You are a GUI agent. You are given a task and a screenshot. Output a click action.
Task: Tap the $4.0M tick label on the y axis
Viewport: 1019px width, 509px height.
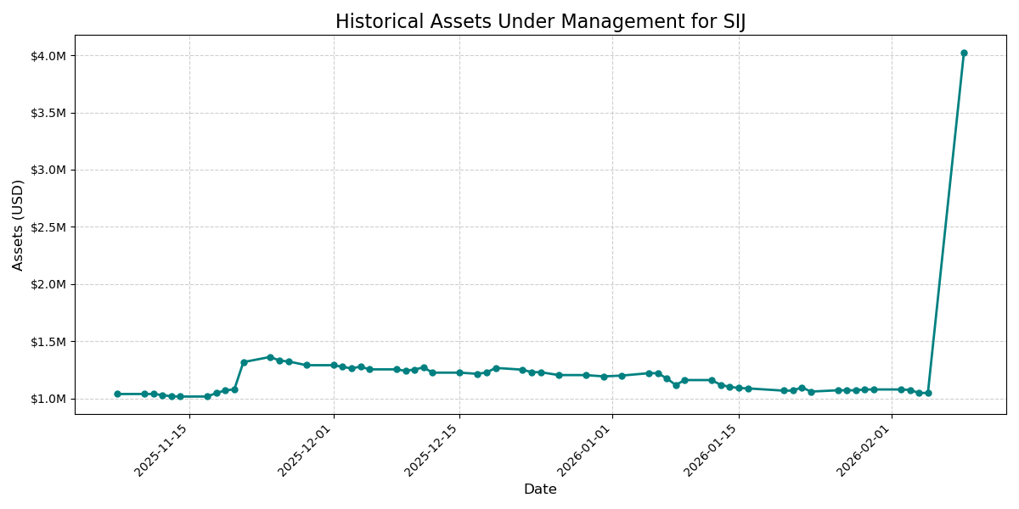tap(48, 56)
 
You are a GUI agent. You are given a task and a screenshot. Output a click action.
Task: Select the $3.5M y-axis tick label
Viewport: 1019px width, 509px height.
tap(48, 113)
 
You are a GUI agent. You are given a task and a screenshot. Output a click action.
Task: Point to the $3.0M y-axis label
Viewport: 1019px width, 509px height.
tap(48, 170)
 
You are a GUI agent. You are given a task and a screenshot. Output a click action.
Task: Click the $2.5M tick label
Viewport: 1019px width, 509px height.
tap(48, 227)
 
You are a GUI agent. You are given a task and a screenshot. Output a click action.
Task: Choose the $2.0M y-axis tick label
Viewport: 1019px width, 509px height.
tap(48, 284)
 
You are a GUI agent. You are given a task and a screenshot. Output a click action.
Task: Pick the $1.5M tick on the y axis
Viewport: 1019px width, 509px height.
tap(48, 342)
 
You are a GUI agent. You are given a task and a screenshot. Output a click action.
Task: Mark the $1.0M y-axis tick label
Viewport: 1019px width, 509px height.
tap(48, 399)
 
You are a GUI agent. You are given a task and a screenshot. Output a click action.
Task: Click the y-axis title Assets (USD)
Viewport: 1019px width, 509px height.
tap(18, 225)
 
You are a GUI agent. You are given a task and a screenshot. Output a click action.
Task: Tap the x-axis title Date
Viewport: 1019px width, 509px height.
tap(540, 489)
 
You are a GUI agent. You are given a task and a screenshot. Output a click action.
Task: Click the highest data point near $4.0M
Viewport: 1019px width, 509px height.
tap(964, 53)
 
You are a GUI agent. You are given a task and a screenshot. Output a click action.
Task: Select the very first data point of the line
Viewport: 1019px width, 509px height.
tap(117, 394)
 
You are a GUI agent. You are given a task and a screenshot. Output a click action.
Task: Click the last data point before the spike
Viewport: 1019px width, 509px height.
tap(928, 393)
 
